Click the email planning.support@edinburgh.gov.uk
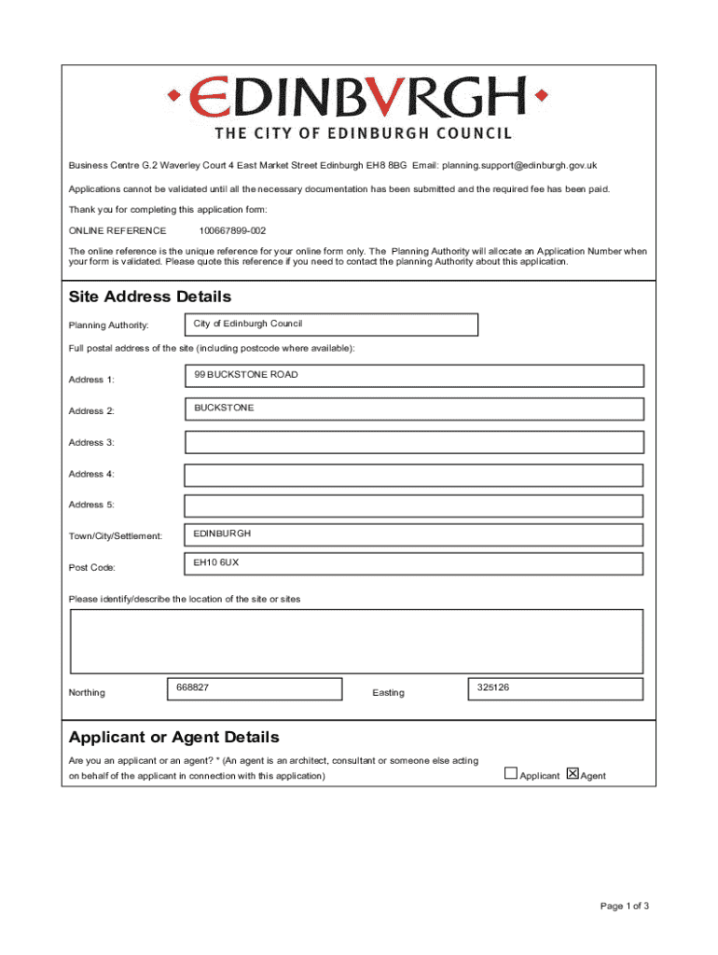click(519, 166)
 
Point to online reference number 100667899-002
click(232, 230)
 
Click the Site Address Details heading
click(150, 297)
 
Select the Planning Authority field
click(331, 325)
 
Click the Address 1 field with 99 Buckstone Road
click(414, 376)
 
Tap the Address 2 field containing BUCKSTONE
click(414, 409)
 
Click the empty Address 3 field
click(414, 442)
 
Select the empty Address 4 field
click(414, 475)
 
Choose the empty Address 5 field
click(414, 506)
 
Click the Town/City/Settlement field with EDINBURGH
click(414, 535)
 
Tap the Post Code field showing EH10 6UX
click(414, 565)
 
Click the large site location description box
click(357, 641)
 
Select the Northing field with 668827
click(254, 689)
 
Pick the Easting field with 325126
click(554, 689)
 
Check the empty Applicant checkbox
click(511, 773)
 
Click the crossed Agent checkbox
click(573, 773)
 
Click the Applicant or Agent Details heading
click(173, 738)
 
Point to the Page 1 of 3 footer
click(624, 906)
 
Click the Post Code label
click(92, 568)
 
